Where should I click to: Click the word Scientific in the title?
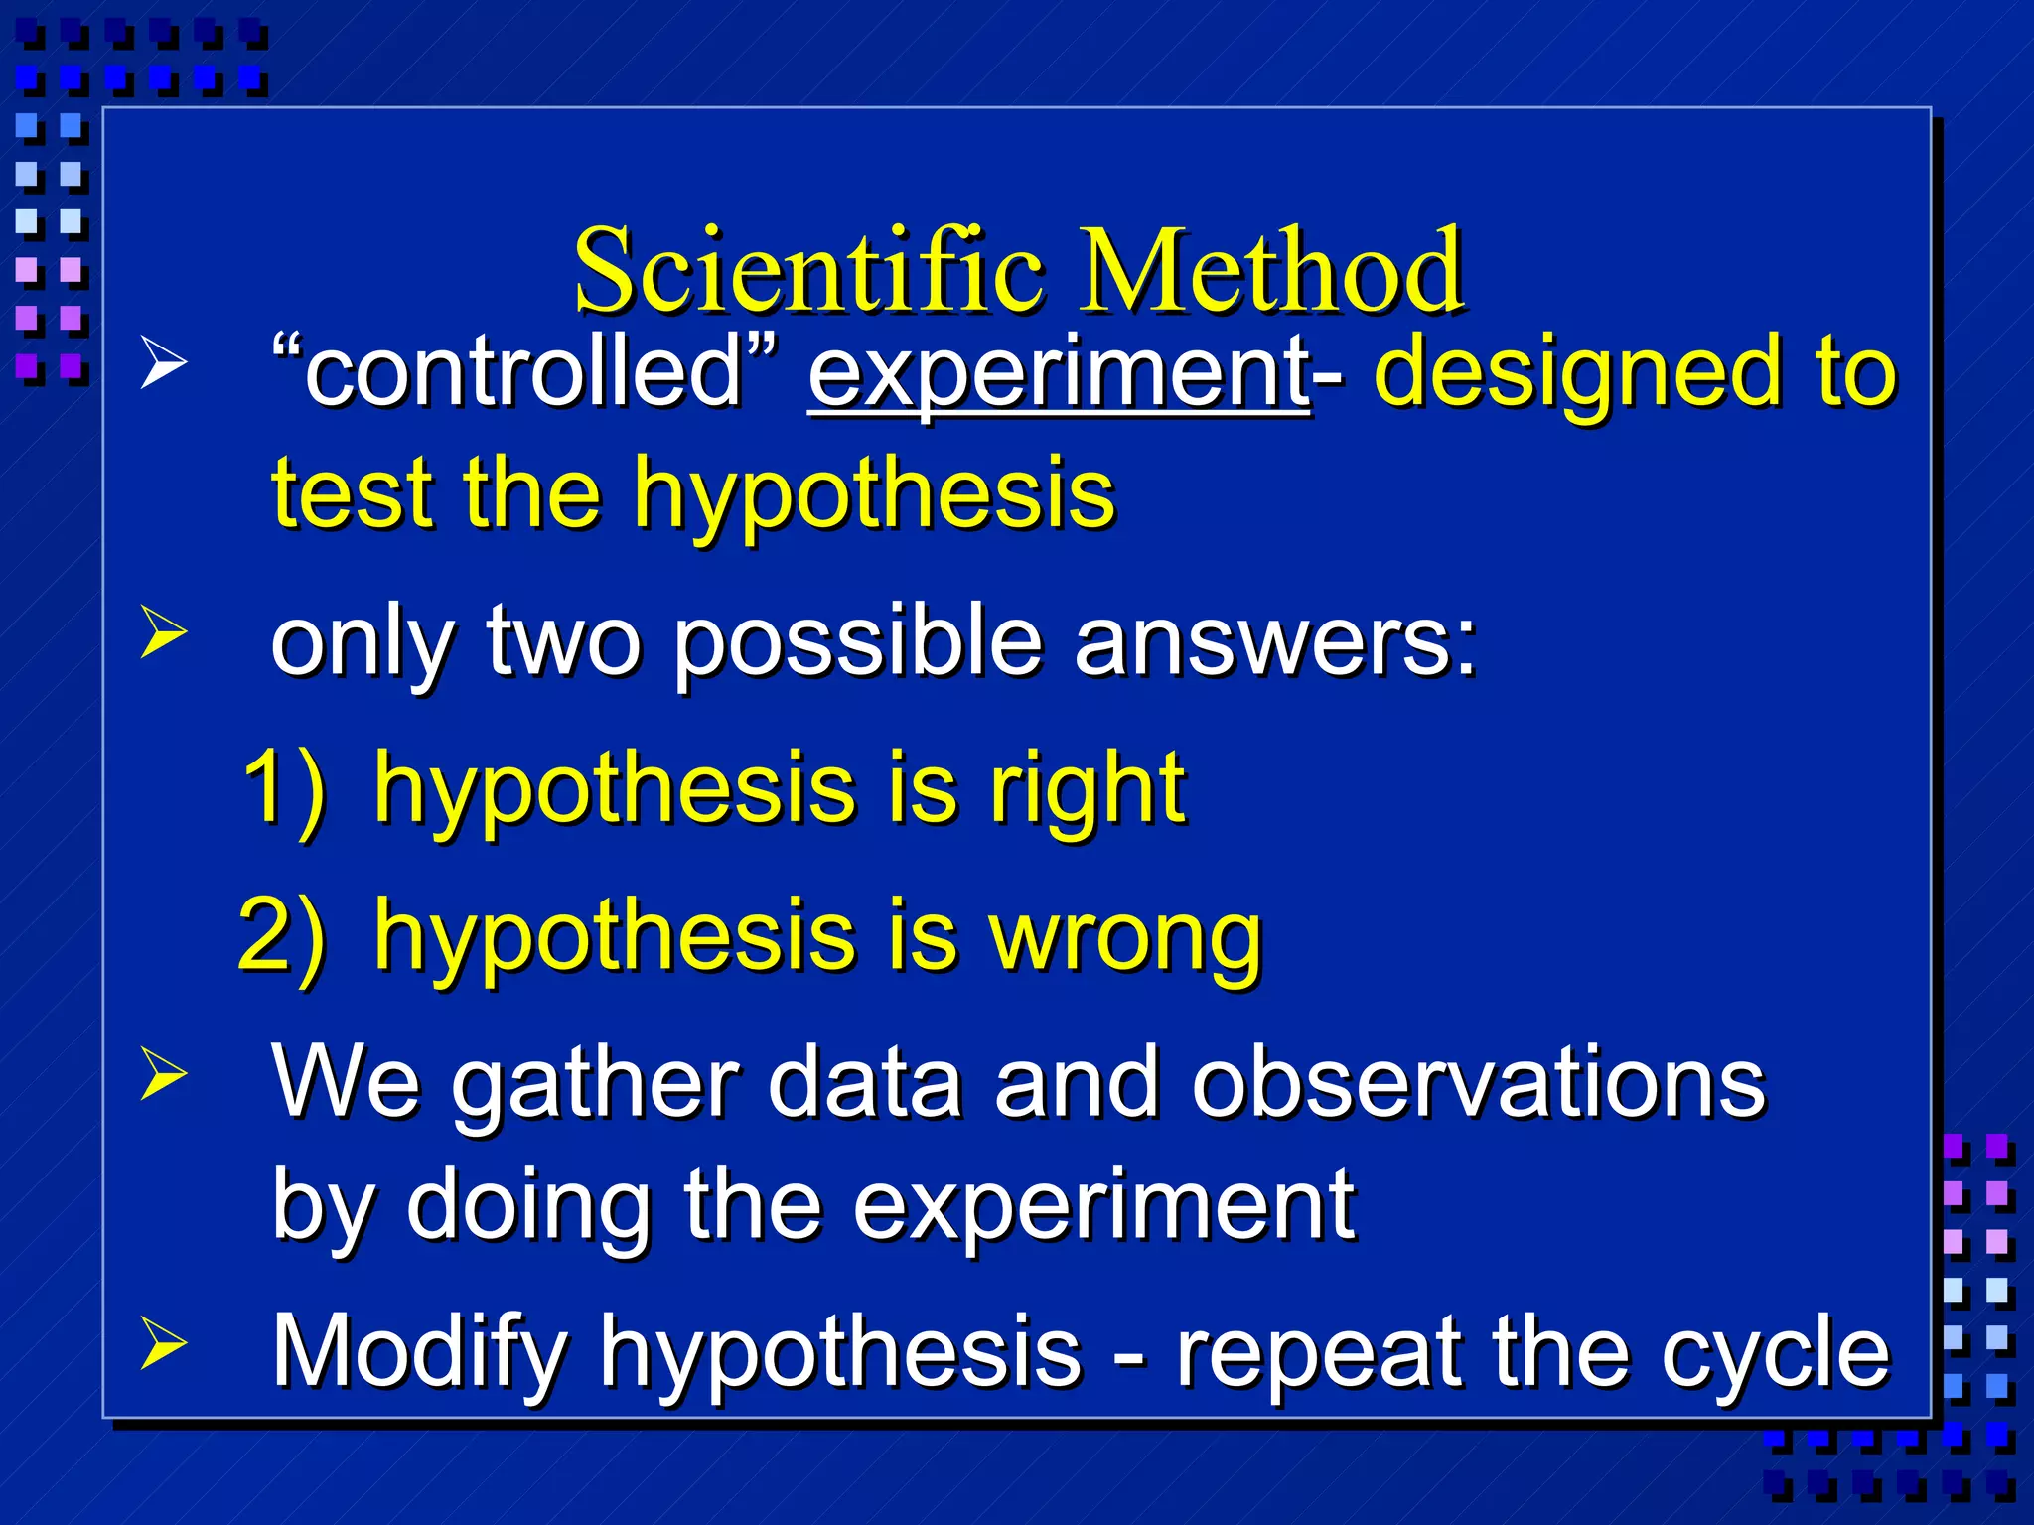pyautogui.click(x=809, y=270)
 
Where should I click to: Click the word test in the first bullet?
pyautogui.click(x=353, y=493)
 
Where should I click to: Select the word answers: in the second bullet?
pyautogui.click(x=1276, y=642)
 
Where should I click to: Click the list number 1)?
pyautogui.click(x=284, y=789)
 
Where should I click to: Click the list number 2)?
pyautogui.click(x=283, y=935)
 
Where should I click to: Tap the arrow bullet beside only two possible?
pyautogui.click(x=163, y=632)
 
